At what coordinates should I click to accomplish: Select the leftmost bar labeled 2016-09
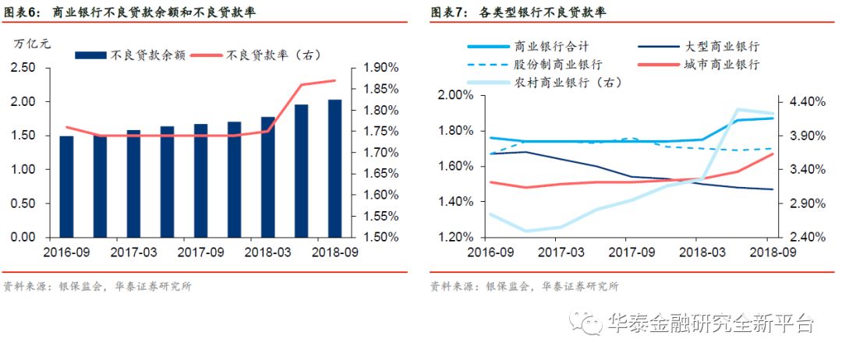pos(66,186)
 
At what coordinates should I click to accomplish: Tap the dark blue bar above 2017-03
pos(133,183)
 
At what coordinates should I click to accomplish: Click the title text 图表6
pos(23,12)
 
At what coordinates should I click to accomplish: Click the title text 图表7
pos(448,12)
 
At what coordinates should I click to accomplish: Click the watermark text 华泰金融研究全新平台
pos(709,323)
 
